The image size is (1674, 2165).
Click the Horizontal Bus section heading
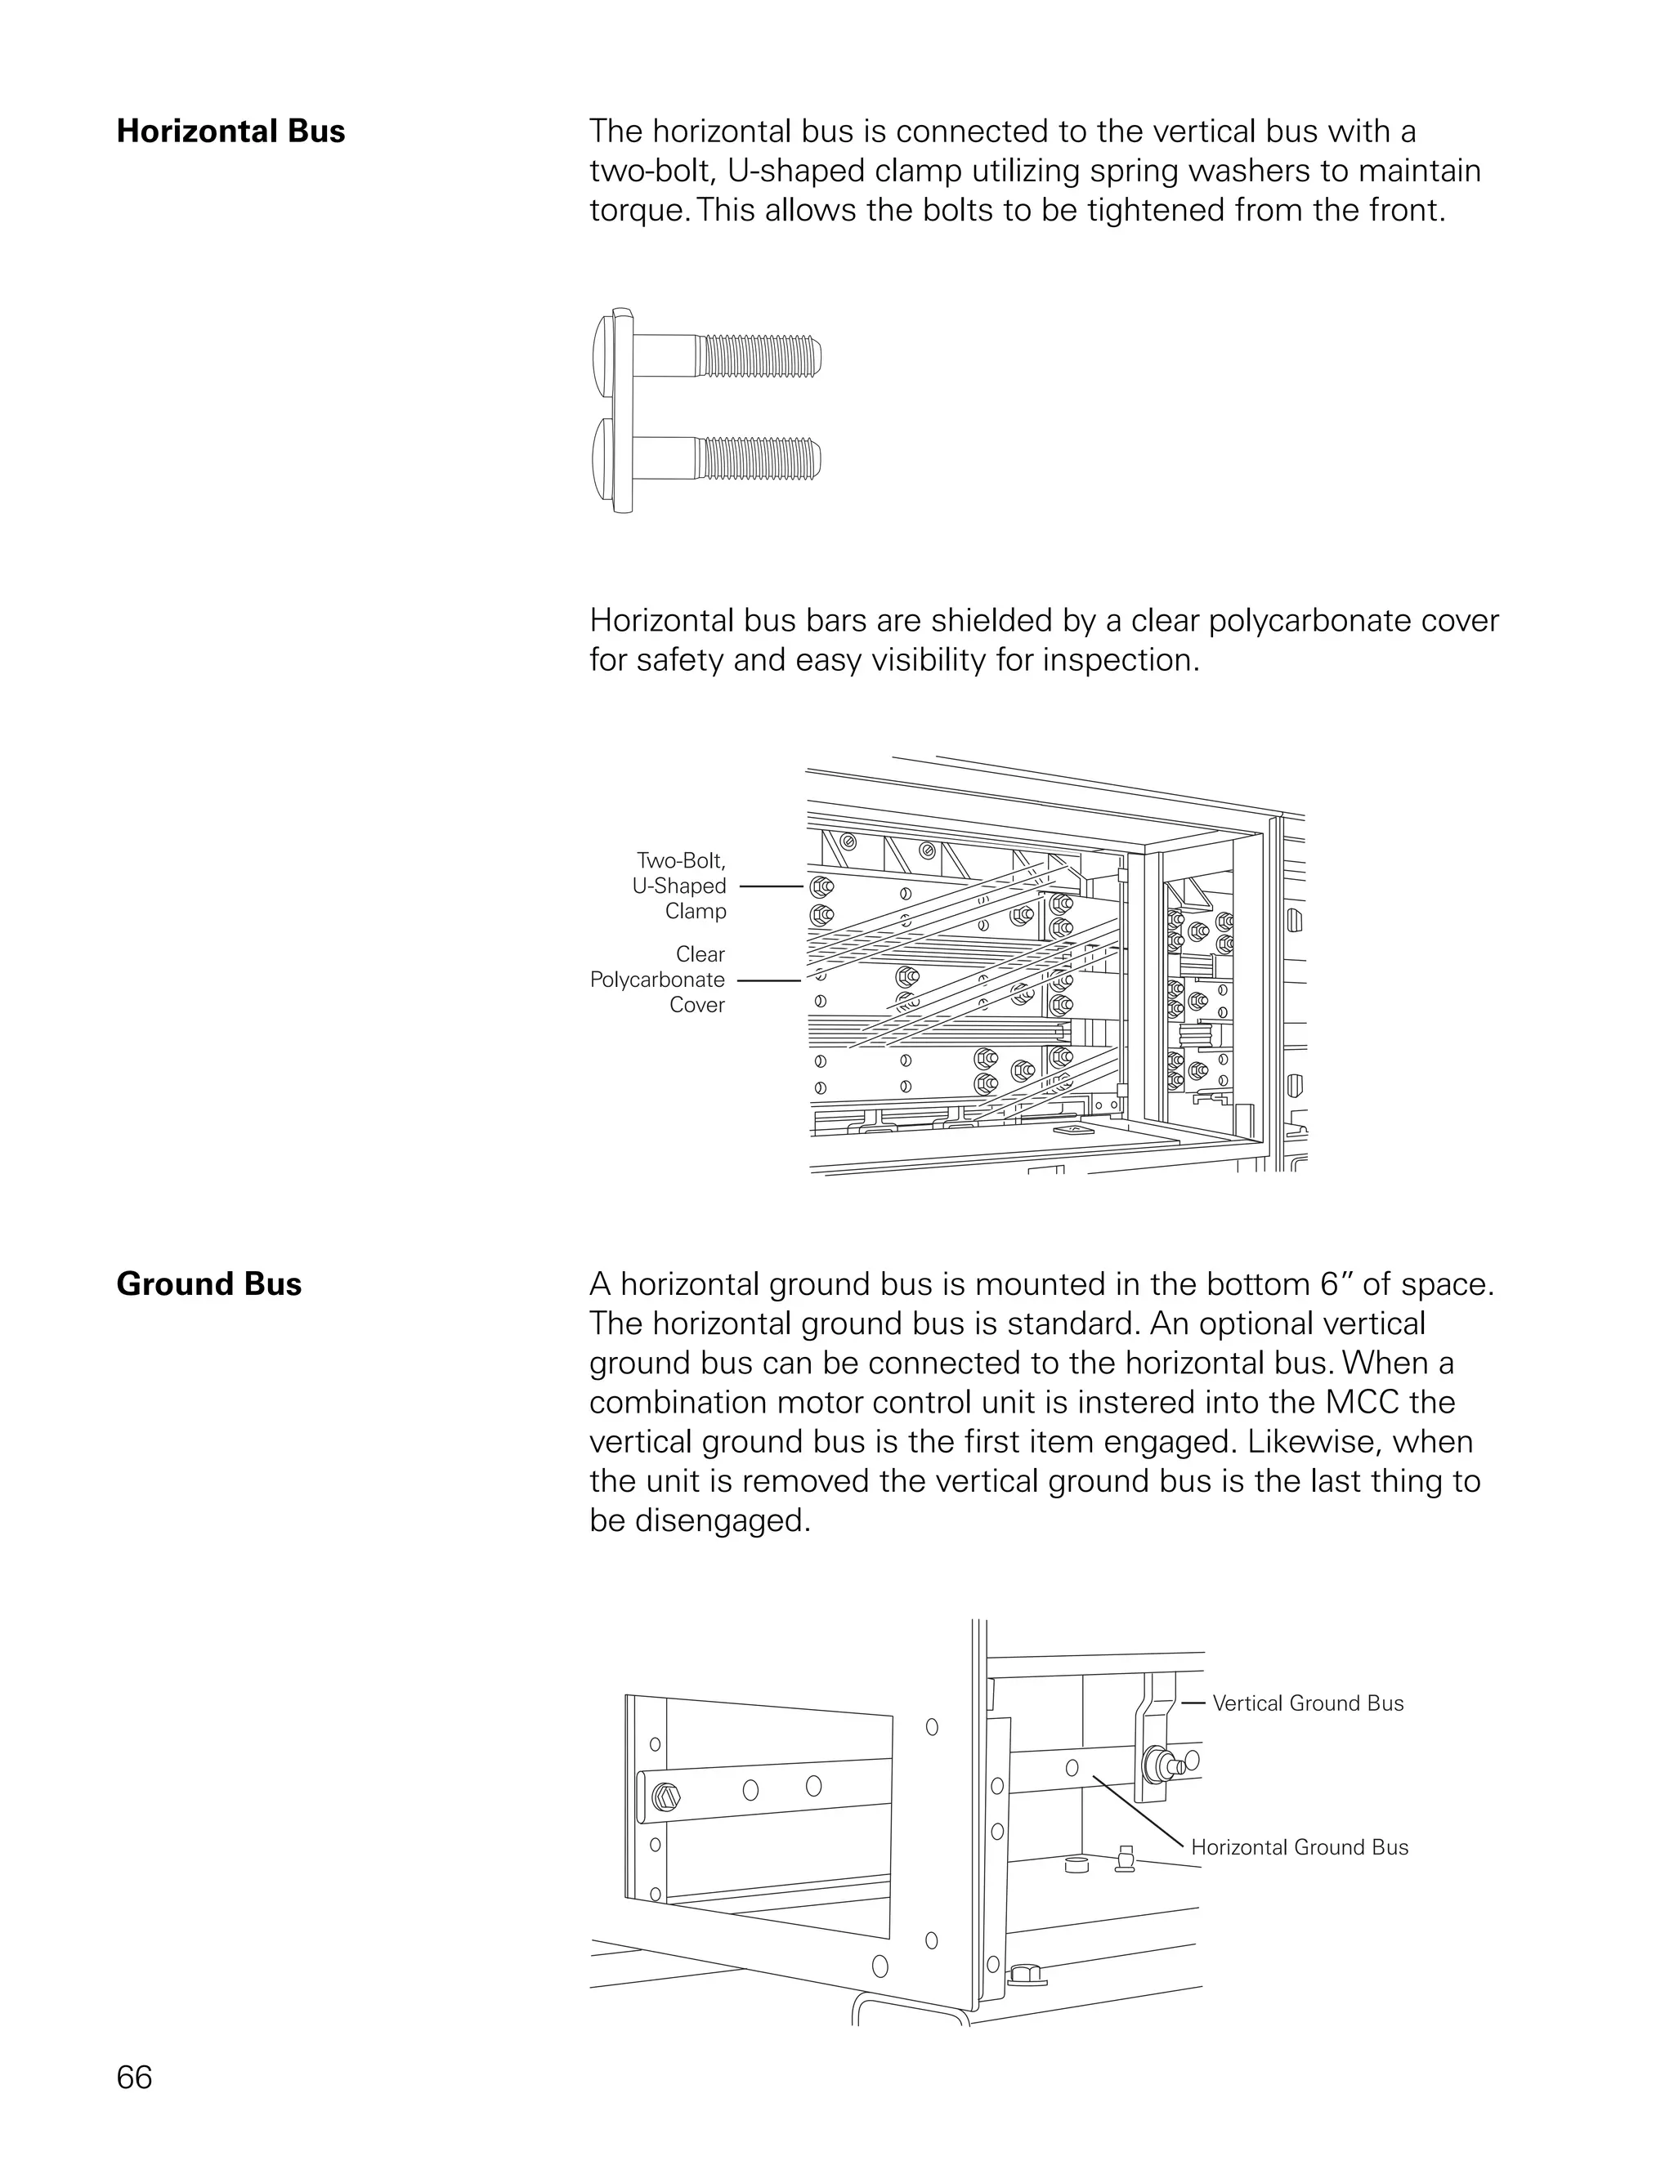pos(230,132)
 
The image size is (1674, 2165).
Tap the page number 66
pos(134,2077)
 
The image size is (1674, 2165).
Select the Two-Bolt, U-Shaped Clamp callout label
pos(680,886)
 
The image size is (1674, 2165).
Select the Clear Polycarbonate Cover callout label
pos(659,980)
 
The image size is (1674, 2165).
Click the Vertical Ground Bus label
pos(1307,1703)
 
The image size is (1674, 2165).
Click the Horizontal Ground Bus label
pos(1299,1847)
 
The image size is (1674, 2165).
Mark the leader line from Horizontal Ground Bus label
pos(1140,1813)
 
